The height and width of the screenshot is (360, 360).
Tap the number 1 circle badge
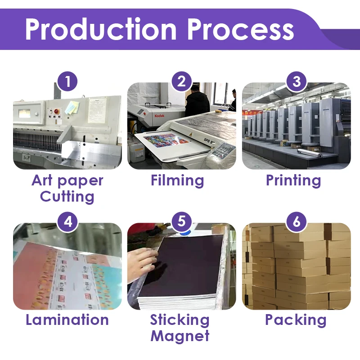[x=67, y=82]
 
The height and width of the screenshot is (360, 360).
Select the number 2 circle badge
[x=182, y=82]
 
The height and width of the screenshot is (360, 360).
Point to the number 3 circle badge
[x=297, y=82]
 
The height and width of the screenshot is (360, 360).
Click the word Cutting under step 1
[x=67, y=197]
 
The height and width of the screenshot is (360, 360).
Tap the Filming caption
[x=177, y=181]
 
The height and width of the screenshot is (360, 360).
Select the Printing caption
[x=293, y=181]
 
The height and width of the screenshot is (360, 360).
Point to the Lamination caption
[x=67, y=320]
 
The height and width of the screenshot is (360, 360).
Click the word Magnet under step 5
[x=180, y=336]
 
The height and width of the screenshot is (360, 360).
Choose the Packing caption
[x=296, y=320]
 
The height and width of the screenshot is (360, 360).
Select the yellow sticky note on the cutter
[x=72, y=107]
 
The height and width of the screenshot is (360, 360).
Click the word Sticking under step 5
[x=180, y=320]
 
